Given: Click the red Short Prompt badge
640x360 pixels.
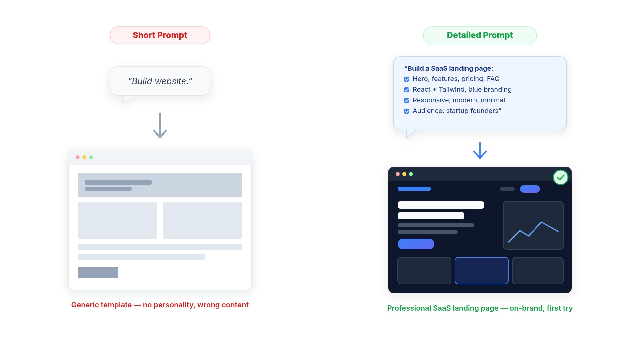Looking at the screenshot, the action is (x=160, y=35).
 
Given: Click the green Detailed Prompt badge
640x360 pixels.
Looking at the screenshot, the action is (x=480, y=35).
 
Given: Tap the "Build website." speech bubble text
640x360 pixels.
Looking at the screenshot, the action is (x=160, y=81).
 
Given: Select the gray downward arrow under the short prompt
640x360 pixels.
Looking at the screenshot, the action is (x=160, y=125).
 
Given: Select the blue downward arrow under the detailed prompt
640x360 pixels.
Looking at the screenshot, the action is (x=480, y=150).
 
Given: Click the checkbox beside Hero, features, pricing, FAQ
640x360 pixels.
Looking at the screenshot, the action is (x=407, y=79).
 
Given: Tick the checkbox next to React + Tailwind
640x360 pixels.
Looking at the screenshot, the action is (x=407, y=90).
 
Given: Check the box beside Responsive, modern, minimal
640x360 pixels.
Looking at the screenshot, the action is (x=407, y=101).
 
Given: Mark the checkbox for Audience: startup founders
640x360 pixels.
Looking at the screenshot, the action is (x=407, y=111).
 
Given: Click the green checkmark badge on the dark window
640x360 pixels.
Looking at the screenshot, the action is (x=561, y=177).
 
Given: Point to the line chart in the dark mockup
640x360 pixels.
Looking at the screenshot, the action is (x=533, y=232).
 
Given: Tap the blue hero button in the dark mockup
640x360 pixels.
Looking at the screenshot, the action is (x=416, y=244).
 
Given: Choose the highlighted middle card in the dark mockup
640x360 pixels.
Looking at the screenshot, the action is (x=482, y=271).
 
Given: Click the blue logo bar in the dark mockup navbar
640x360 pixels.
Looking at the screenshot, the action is (x=414, y=189).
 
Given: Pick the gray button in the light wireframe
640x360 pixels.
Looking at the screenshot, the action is (x=98, y=272).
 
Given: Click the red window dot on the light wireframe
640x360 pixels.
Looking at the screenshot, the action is (x=78, y=157).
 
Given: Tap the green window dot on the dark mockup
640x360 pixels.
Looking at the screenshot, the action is (x=411, y=174).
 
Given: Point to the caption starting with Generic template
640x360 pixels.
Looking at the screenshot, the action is (x=160, y=305).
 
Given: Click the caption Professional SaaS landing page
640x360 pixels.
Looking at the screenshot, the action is (x=480, y=308).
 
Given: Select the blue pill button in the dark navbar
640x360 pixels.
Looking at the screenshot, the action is (x=530, y=189).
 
